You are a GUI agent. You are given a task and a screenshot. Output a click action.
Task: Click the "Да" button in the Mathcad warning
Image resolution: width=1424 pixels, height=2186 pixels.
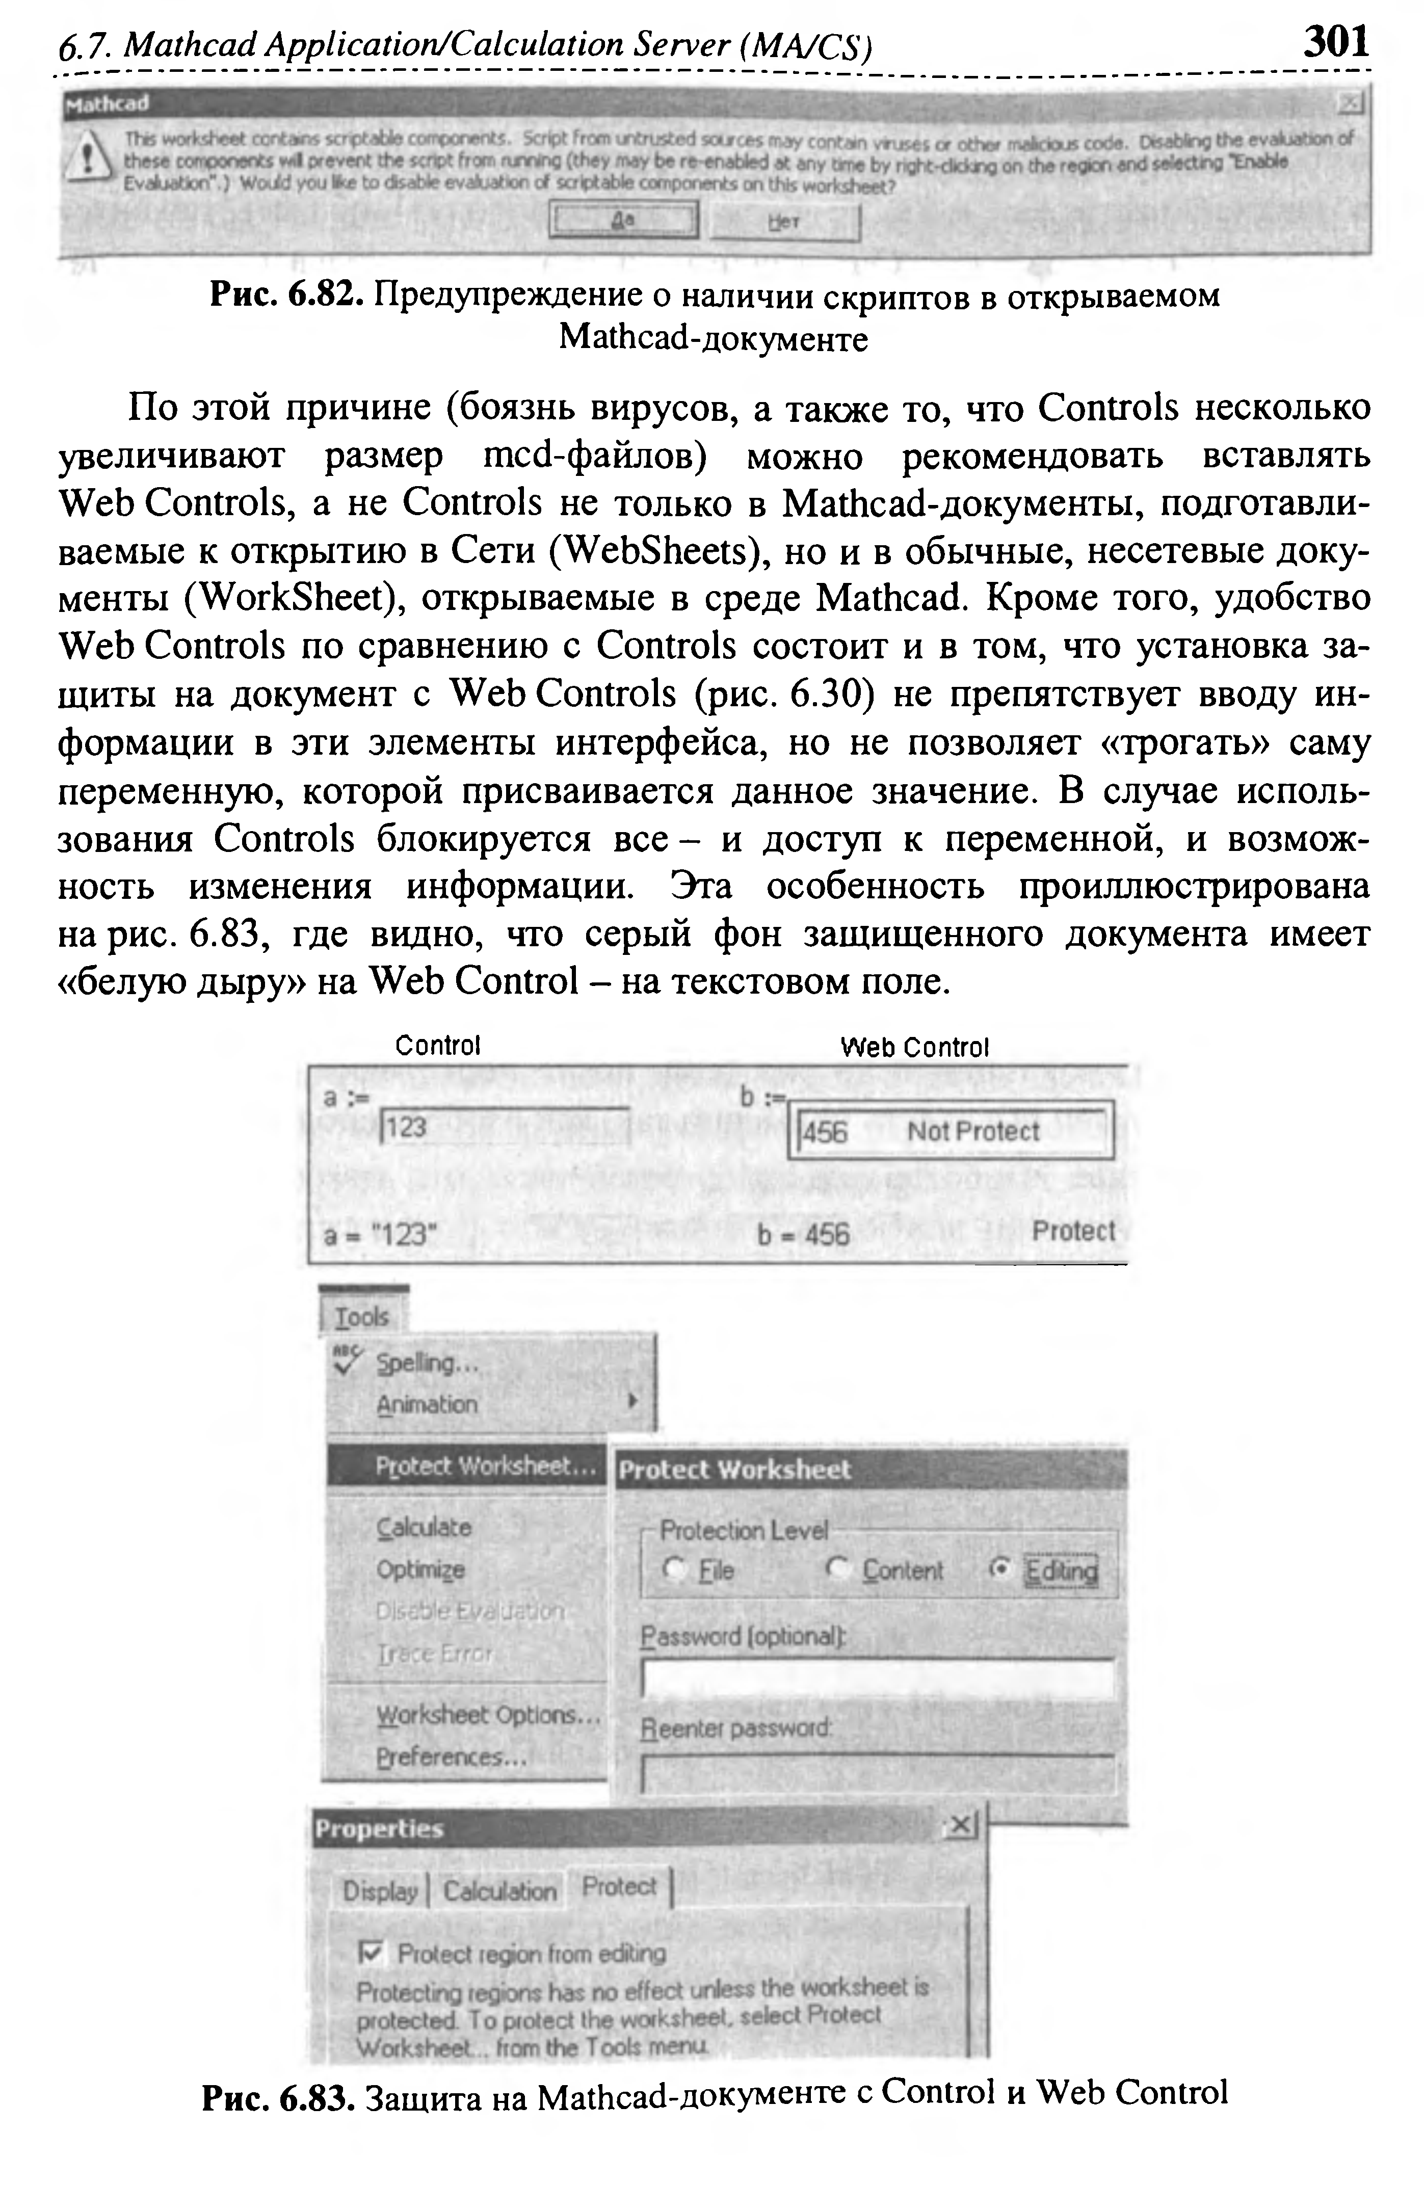pyautogui.click(x=624, y=221)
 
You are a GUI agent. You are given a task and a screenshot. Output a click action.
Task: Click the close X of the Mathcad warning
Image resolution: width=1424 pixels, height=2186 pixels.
pyautogui.click(x=1350, y=104)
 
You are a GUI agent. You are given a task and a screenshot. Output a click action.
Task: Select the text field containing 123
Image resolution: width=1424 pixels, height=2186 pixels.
pyautogui.click(x=504, y=1128)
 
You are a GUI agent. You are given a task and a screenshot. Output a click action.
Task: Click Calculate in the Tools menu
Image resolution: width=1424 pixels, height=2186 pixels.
pyautogui.click(x=424, y=1528)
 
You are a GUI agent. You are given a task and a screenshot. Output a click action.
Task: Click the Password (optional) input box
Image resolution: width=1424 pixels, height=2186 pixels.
pyautogui.click(x=877, y=1678)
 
